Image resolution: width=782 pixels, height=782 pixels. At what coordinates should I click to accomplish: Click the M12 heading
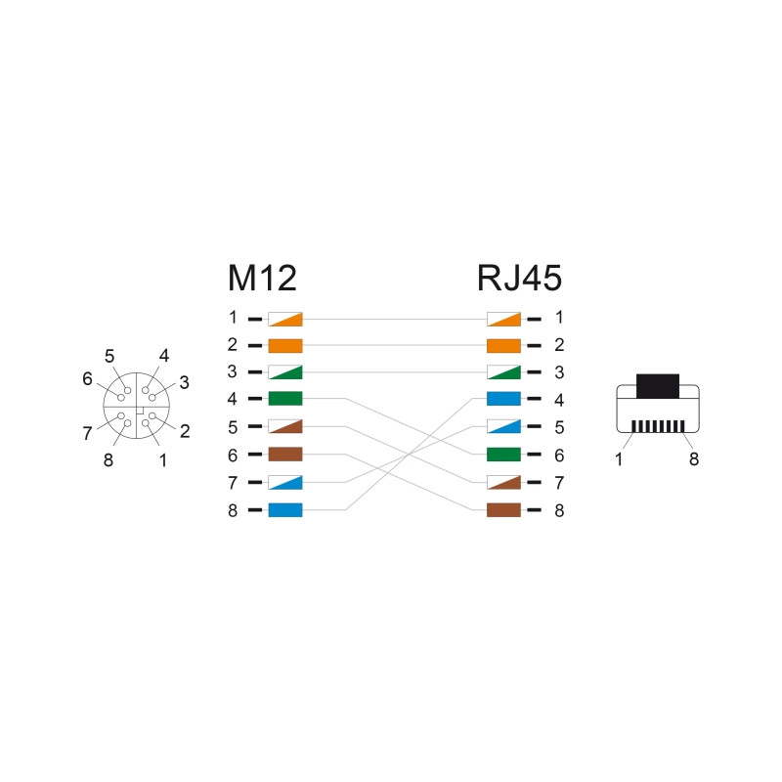click(x=262, y=278)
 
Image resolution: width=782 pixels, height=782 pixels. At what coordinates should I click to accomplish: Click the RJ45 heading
click(x=519, y=278)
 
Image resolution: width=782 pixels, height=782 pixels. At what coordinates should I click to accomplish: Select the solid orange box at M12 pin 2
click(x=285, y=346)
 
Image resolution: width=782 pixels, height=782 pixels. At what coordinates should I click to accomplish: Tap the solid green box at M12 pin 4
click(x=285, y=399)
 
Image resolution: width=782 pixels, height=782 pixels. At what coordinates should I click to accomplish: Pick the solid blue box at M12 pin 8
click(x=285, y=510)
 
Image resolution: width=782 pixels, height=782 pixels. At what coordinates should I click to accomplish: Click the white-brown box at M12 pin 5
click(x=285, y=426)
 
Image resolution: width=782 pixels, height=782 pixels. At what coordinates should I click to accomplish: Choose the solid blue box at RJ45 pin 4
click(x=503, y=399)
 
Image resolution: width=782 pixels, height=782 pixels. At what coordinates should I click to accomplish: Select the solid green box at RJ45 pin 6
click(x=503, y=455)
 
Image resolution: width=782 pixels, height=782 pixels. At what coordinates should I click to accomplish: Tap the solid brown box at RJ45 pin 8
click(x=503, y=510)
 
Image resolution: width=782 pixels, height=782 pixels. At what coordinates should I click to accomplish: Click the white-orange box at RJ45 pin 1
click(x=503, y=320)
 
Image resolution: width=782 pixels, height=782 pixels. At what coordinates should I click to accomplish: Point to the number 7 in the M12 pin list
click(x=233, y=483)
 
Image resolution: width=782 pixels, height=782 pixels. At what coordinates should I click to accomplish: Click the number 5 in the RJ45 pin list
click(x=559, y=427)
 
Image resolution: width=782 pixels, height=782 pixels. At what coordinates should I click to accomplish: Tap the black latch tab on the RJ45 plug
click(x=658, y=386)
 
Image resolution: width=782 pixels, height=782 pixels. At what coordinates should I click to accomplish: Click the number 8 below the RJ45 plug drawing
click(x=694, y=459)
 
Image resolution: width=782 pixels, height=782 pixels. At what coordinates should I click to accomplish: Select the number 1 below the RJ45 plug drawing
click(x=619, y=459)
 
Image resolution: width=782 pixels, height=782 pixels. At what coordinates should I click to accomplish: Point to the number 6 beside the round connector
click(x=87, y=379)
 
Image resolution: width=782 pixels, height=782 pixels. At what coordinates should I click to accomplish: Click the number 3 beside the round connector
click(x=184, y=382)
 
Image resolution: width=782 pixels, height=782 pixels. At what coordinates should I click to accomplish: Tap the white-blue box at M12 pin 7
click(x=285, y=482)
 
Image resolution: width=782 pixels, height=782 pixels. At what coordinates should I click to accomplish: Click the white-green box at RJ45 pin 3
click(x=503, y=372)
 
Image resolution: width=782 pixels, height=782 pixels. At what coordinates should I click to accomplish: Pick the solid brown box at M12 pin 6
click(x=285, y=455)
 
